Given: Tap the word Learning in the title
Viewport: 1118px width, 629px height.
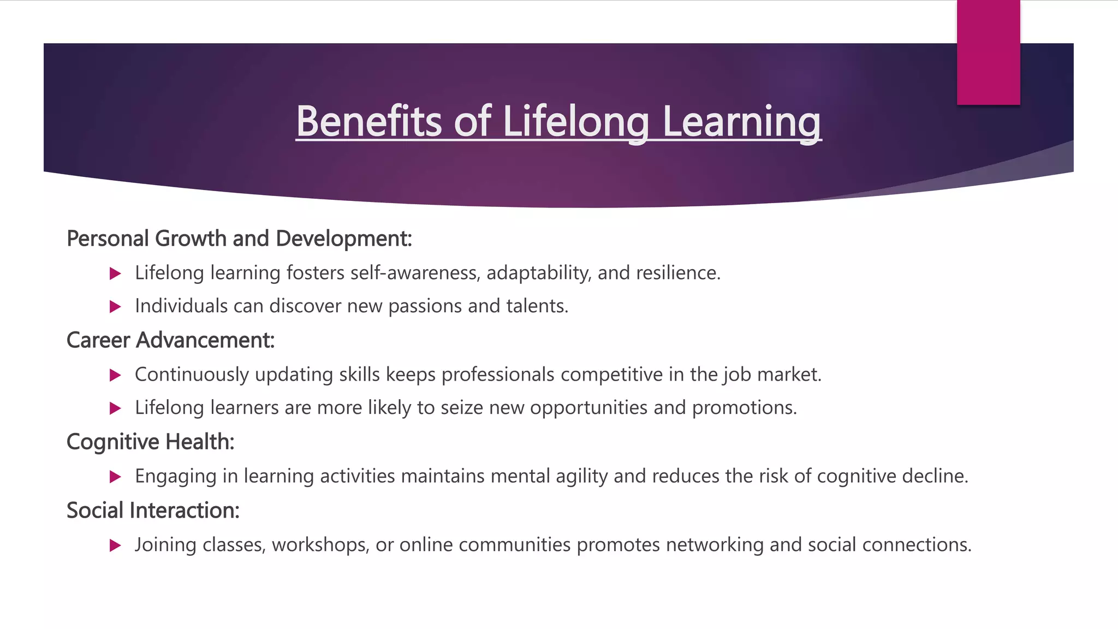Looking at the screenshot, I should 741,121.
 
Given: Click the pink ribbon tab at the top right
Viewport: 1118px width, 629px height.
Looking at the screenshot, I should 988,52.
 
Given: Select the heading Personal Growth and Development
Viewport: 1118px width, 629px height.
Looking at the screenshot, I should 239,239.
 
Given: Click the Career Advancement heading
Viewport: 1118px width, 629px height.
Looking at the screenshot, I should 170,340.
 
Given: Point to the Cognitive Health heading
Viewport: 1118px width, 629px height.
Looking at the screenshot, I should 150,442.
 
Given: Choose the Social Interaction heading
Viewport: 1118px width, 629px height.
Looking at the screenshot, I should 153,511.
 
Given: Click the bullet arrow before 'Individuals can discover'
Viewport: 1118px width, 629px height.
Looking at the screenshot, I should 115,306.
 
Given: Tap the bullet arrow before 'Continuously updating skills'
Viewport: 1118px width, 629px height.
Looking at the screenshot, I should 115,375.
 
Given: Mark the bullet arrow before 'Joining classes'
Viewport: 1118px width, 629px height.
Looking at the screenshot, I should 115,545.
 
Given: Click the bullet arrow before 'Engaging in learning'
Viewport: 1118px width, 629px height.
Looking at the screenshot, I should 115,477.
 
